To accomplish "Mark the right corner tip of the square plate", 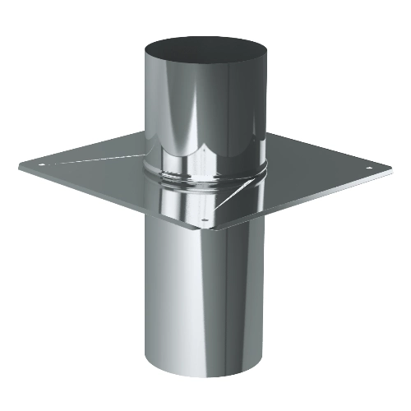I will (390, 169).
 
